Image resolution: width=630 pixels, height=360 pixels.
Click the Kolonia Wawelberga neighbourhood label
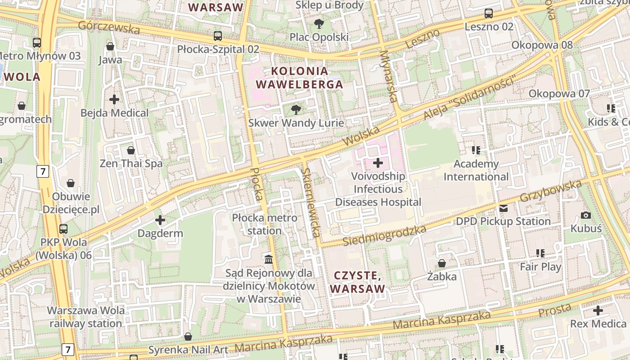(299, 77)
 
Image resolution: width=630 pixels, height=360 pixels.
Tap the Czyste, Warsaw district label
(359, 282)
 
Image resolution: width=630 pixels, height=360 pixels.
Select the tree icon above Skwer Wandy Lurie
(296, 109)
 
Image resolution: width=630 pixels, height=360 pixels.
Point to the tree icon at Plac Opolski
(319, 24)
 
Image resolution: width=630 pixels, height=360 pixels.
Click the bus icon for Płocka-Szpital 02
(218, 36)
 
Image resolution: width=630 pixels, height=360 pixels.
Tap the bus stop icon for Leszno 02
(489, 13)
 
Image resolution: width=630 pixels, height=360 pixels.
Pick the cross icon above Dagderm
(160, 220)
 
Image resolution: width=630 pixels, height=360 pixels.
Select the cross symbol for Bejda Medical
(114, 99)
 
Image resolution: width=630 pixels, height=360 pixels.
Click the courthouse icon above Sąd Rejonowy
(269, 259)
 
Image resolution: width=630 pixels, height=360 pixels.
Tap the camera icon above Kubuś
(586, 215)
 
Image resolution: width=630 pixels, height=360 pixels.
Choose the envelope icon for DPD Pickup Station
(503, 208)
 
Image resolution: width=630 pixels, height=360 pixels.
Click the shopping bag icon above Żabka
(442, 263)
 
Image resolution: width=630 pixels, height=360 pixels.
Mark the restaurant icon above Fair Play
(540, 253)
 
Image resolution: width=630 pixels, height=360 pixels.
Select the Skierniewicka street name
(311, 202)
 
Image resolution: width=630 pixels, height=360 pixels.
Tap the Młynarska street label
(390, 76)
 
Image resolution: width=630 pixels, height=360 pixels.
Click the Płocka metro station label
(265, 224)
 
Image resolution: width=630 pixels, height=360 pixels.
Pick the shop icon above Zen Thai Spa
(131, 150)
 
